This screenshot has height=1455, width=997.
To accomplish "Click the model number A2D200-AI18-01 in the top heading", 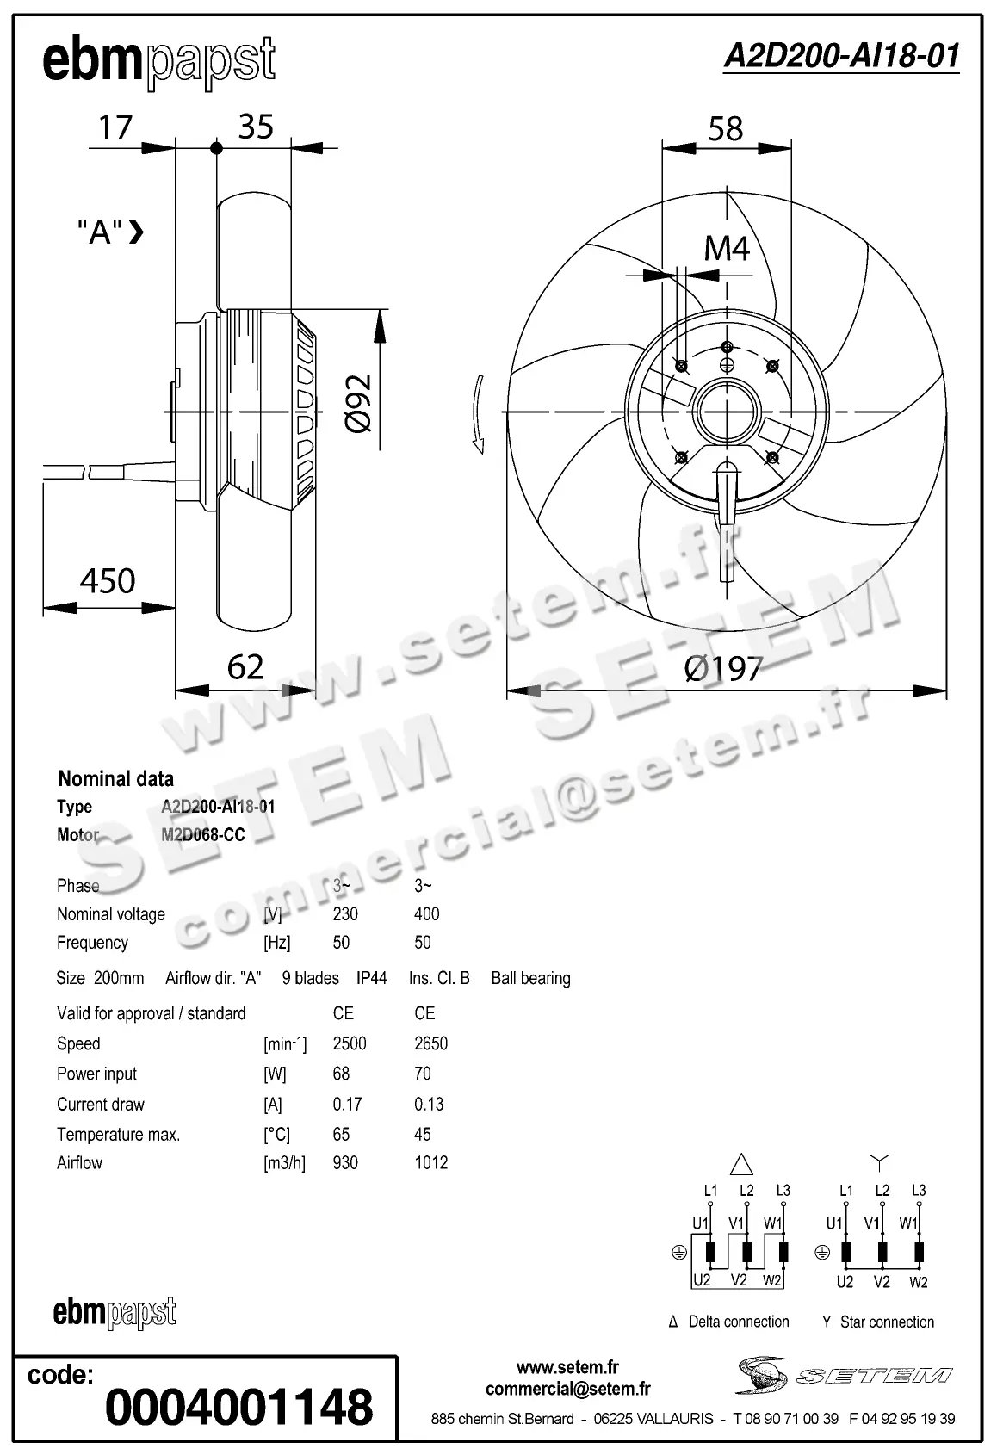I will tap(841, 56).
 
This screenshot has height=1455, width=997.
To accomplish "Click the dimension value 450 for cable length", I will tap(108, 581).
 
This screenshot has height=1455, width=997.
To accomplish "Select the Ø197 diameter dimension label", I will tap(723, 668).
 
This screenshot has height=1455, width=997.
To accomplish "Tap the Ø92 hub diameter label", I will tap(359, 403).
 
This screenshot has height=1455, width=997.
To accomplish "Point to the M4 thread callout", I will tap(727, 249).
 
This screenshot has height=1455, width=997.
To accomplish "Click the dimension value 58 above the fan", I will tap(725, 129).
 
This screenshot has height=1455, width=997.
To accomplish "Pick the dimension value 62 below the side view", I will tap(245, 667).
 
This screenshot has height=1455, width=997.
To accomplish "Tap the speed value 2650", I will tap(430, 1043).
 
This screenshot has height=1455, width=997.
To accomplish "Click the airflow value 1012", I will tap(430, 1163).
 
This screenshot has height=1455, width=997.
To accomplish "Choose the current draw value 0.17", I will tap(347, 1104).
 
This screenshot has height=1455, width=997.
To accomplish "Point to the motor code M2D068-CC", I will tap(202, 835).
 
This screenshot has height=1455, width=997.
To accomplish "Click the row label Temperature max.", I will tap(118, 1135).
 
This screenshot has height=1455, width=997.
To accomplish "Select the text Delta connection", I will tap(738, 1322).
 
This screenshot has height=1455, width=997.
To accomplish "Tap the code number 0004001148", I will tap(239, 1407).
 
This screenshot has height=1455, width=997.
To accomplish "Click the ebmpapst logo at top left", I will tap(159, 62).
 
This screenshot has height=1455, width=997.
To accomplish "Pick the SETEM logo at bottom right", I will tap(844, 1375).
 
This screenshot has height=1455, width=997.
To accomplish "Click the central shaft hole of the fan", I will tap(726, 412).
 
